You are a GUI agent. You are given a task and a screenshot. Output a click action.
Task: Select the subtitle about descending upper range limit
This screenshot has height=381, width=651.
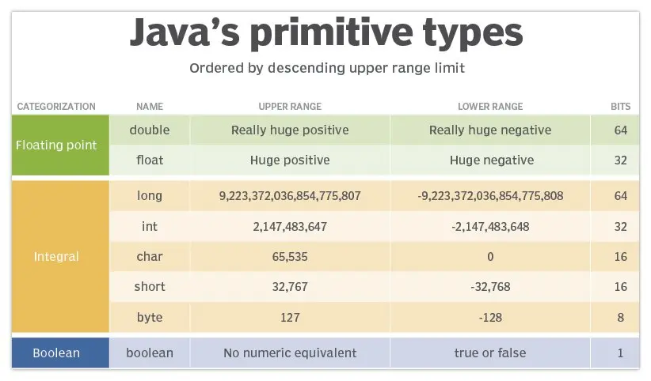pos(326,68)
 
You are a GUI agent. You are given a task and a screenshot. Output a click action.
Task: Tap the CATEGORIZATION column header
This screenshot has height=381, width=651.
pos(56,106)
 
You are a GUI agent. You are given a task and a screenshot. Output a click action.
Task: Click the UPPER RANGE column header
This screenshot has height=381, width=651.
pos(290,106)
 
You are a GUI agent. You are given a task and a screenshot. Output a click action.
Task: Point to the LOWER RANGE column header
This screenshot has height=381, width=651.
pos(490,106)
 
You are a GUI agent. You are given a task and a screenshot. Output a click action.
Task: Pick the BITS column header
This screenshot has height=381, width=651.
pos(620,106)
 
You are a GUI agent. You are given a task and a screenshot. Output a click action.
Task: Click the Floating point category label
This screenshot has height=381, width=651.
pos(56,145)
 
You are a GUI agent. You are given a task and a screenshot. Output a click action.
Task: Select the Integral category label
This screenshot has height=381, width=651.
pos(56,257)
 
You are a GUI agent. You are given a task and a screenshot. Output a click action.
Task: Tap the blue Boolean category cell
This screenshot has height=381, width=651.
pos(56,353)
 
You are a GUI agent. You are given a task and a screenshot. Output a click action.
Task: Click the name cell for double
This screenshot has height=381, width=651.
pos(150,130)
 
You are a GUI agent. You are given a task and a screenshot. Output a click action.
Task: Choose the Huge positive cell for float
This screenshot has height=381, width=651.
pos(290,160)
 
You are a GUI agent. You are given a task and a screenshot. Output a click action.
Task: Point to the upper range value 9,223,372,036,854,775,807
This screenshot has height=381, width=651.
pos(290,195)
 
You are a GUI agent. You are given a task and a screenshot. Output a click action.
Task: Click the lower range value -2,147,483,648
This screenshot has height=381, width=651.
pos(490,226)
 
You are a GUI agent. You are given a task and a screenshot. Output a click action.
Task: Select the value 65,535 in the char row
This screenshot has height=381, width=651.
pos(290,257)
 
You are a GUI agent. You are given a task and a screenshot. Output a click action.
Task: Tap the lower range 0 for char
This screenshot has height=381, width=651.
pos(490,257)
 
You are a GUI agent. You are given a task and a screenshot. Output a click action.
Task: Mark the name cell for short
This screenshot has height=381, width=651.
pos(150,287)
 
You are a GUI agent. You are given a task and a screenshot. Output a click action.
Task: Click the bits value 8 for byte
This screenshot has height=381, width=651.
pos(620,318)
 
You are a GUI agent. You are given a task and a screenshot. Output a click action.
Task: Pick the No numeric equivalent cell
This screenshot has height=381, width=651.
pos(290,353)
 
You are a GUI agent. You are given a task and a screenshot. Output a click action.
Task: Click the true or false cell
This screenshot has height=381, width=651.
pos(490,353)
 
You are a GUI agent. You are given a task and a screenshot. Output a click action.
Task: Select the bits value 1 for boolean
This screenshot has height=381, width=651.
pos(620,353)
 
